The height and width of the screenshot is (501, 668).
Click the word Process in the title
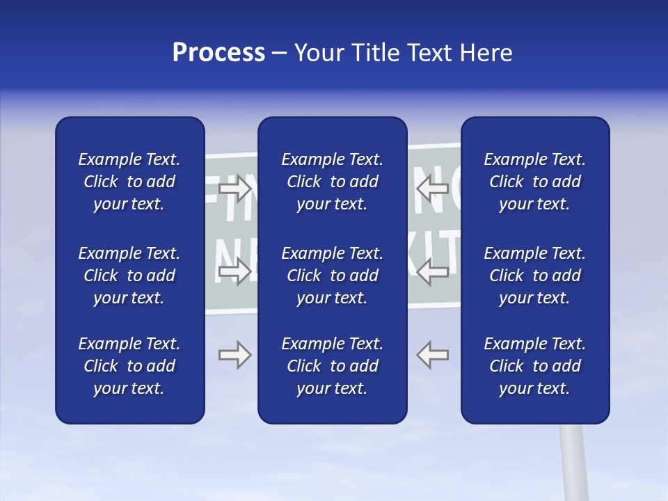point(218,53)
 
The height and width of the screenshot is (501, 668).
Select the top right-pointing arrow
point(235,187)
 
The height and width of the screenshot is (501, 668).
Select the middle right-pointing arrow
point(235,271)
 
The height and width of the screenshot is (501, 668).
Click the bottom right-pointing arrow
point(235,355)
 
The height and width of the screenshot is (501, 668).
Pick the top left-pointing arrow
point(433,187)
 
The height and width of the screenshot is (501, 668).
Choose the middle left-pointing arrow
point(433,271)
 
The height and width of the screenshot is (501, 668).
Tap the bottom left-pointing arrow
point(433,355)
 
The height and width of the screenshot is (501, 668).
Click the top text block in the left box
point(129,182)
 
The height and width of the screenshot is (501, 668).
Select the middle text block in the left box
point(129,276)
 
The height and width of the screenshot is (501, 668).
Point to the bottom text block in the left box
point(129,366)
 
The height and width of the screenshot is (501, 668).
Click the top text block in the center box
point(332,182)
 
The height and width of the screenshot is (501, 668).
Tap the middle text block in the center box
point(332,276)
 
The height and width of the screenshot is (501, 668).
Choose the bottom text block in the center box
point(332,366)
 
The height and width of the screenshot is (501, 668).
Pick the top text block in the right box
point(534,182)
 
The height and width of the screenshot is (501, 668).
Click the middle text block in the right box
point(534,276)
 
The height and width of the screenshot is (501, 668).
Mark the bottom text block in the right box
point(534,366)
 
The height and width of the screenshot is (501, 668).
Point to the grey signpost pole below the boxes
point(573,463)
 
